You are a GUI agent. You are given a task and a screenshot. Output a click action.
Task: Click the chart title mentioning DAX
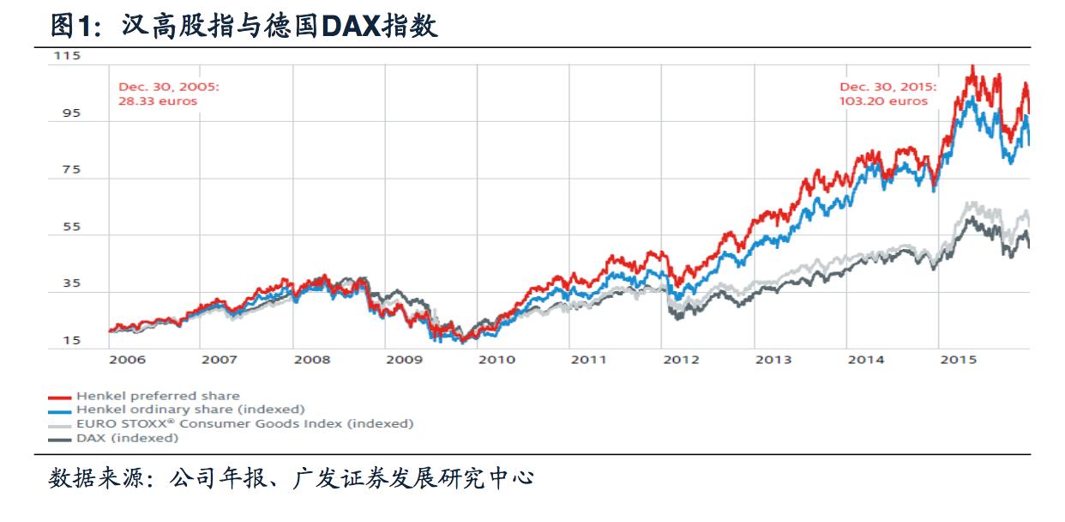pos(244,26)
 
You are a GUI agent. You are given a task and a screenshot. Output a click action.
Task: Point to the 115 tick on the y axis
pos(67,56)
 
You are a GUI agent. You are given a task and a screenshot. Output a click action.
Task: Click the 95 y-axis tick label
pos(67,112)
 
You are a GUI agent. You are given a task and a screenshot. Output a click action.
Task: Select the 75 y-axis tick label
pos(67,169)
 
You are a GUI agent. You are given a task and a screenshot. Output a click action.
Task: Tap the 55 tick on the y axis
pos(67,227)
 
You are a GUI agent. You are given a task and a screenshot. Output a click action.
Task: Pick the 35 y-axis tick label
pos(67,283)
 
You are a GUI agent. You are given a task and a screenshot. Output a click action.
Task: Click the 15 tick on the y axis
pos(67,341)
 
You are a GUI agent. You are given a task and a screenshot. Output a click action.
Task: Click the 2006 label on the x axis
pos(127,360)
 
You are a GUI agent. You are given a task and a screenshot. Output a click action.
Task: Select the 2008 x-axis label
pos(312,360)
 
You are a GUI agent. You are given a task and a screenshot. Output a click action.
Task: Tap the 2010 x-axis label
pos(496,360)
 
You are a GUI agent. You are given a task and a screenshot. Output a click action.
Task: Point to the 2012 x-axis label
pos(682,360)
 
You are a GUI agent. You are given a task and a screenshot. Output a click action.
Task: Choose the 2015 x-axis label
pos(959,360)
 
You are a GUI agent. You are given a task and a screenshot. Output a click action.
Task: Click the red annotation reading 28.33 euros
pos(158,100)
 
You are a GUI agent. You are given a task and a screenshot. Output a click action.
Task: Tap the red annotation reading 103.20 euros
pos(883,100)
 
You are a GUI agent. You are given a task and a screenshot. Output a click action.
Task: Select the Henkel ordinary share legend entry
pos(190,410)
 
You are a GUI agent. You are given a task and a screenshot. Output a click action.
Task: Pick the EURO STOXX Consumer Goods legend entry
pos(244,423)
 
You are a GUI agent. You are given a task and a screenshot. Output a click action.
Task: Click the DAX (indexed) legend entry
pos(128,438)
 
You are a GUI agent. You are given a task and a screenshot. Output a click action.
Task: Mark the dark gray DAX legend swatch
pos(59,439)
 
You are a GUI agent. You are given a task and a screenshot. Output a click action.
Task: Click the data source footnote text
pos(292,477)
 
